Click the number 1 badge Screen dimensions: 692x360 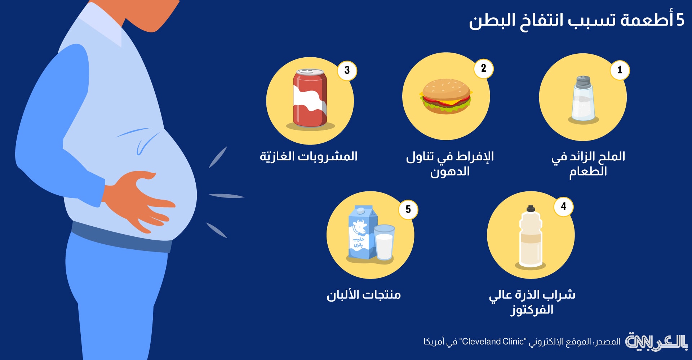coord(620,70)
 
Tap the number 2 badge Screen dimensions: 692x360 coord(483,68)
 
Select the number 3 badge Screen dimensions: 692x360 coord(347,70)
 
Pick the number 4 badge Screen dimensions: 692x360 coord(563,206)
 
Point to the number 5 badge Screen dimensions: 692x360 coord(408,209)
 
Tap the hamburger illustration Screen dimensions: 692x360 coord(446,97)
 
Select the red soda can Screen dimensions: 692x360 coord(310,98)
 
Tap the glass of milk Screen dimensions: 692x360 coord(384,242)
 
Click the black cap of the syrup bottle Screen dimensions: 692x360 coord(531,208)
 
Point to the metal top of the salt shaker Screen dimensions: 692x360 coord(583,82)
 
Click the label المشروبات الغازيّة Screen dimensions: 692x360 coord(309,156)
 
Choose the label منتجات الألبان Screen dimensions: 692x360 coord(364,295)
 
